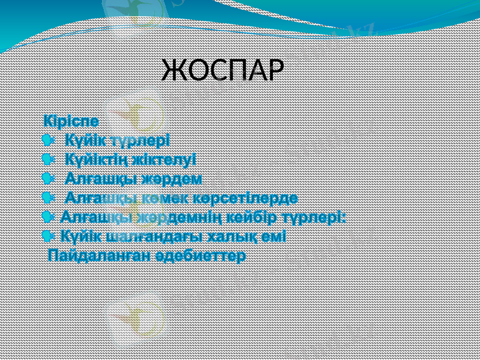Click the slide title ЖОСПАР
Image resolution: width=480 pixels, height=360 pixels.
[x=221, y=70]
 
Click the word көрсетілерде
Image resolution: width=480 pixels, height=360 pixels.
[x=249, y=198]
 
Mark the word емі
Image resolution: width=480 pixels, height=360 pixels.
[x=274, y=236]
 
